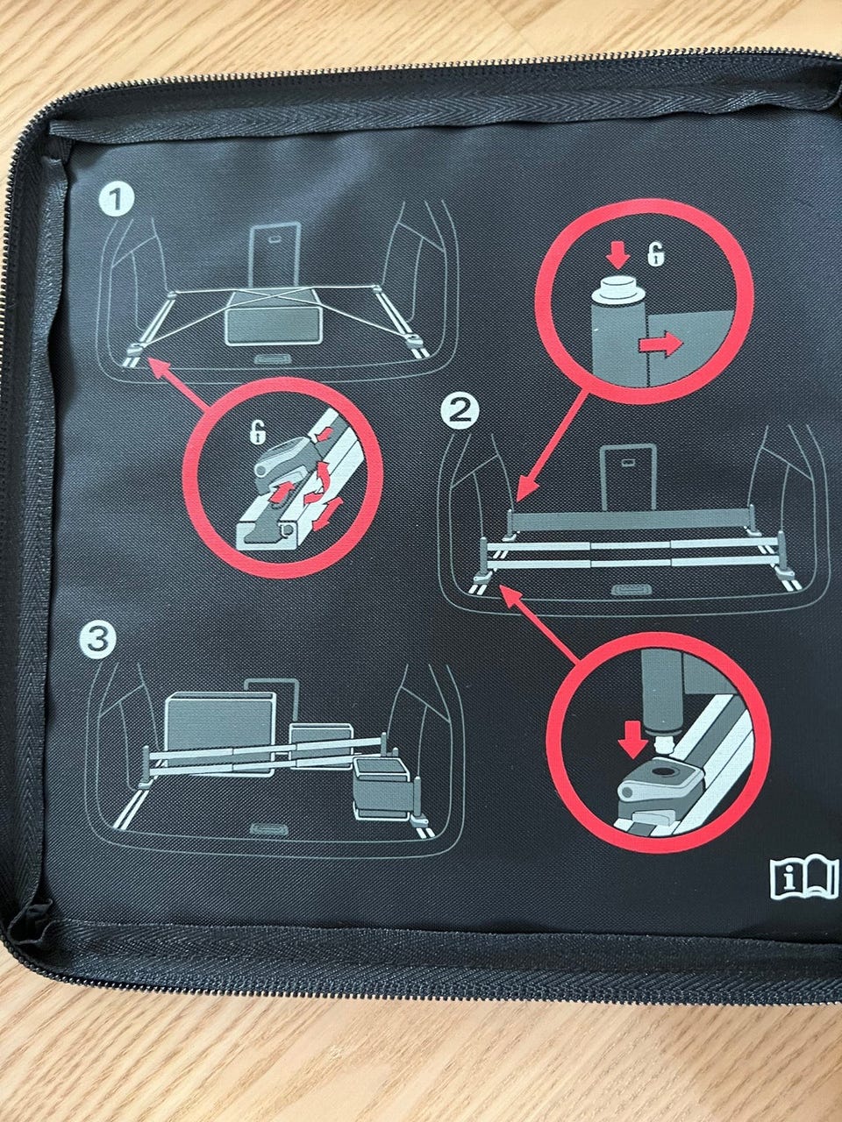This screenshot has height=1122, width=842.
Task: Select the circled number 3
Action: [98, 641]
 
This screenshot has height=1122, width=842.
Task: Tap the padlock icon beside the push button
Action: [655, 254]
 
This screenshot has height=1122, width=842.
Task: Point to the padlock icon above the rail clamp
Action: [258, 432]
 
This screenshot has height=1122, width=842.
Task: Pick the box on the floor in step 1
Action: [275, 318]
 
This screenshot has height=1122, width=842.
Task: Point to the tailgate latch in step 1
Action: [273, 359]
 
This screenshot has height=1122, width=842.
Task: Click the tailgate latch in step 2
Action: [631, 590]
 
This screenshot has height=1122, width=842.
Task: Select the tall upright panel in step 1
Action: [275, 257]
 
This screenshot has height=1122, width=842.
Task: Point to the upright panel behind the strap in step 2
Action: [628, 478]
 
